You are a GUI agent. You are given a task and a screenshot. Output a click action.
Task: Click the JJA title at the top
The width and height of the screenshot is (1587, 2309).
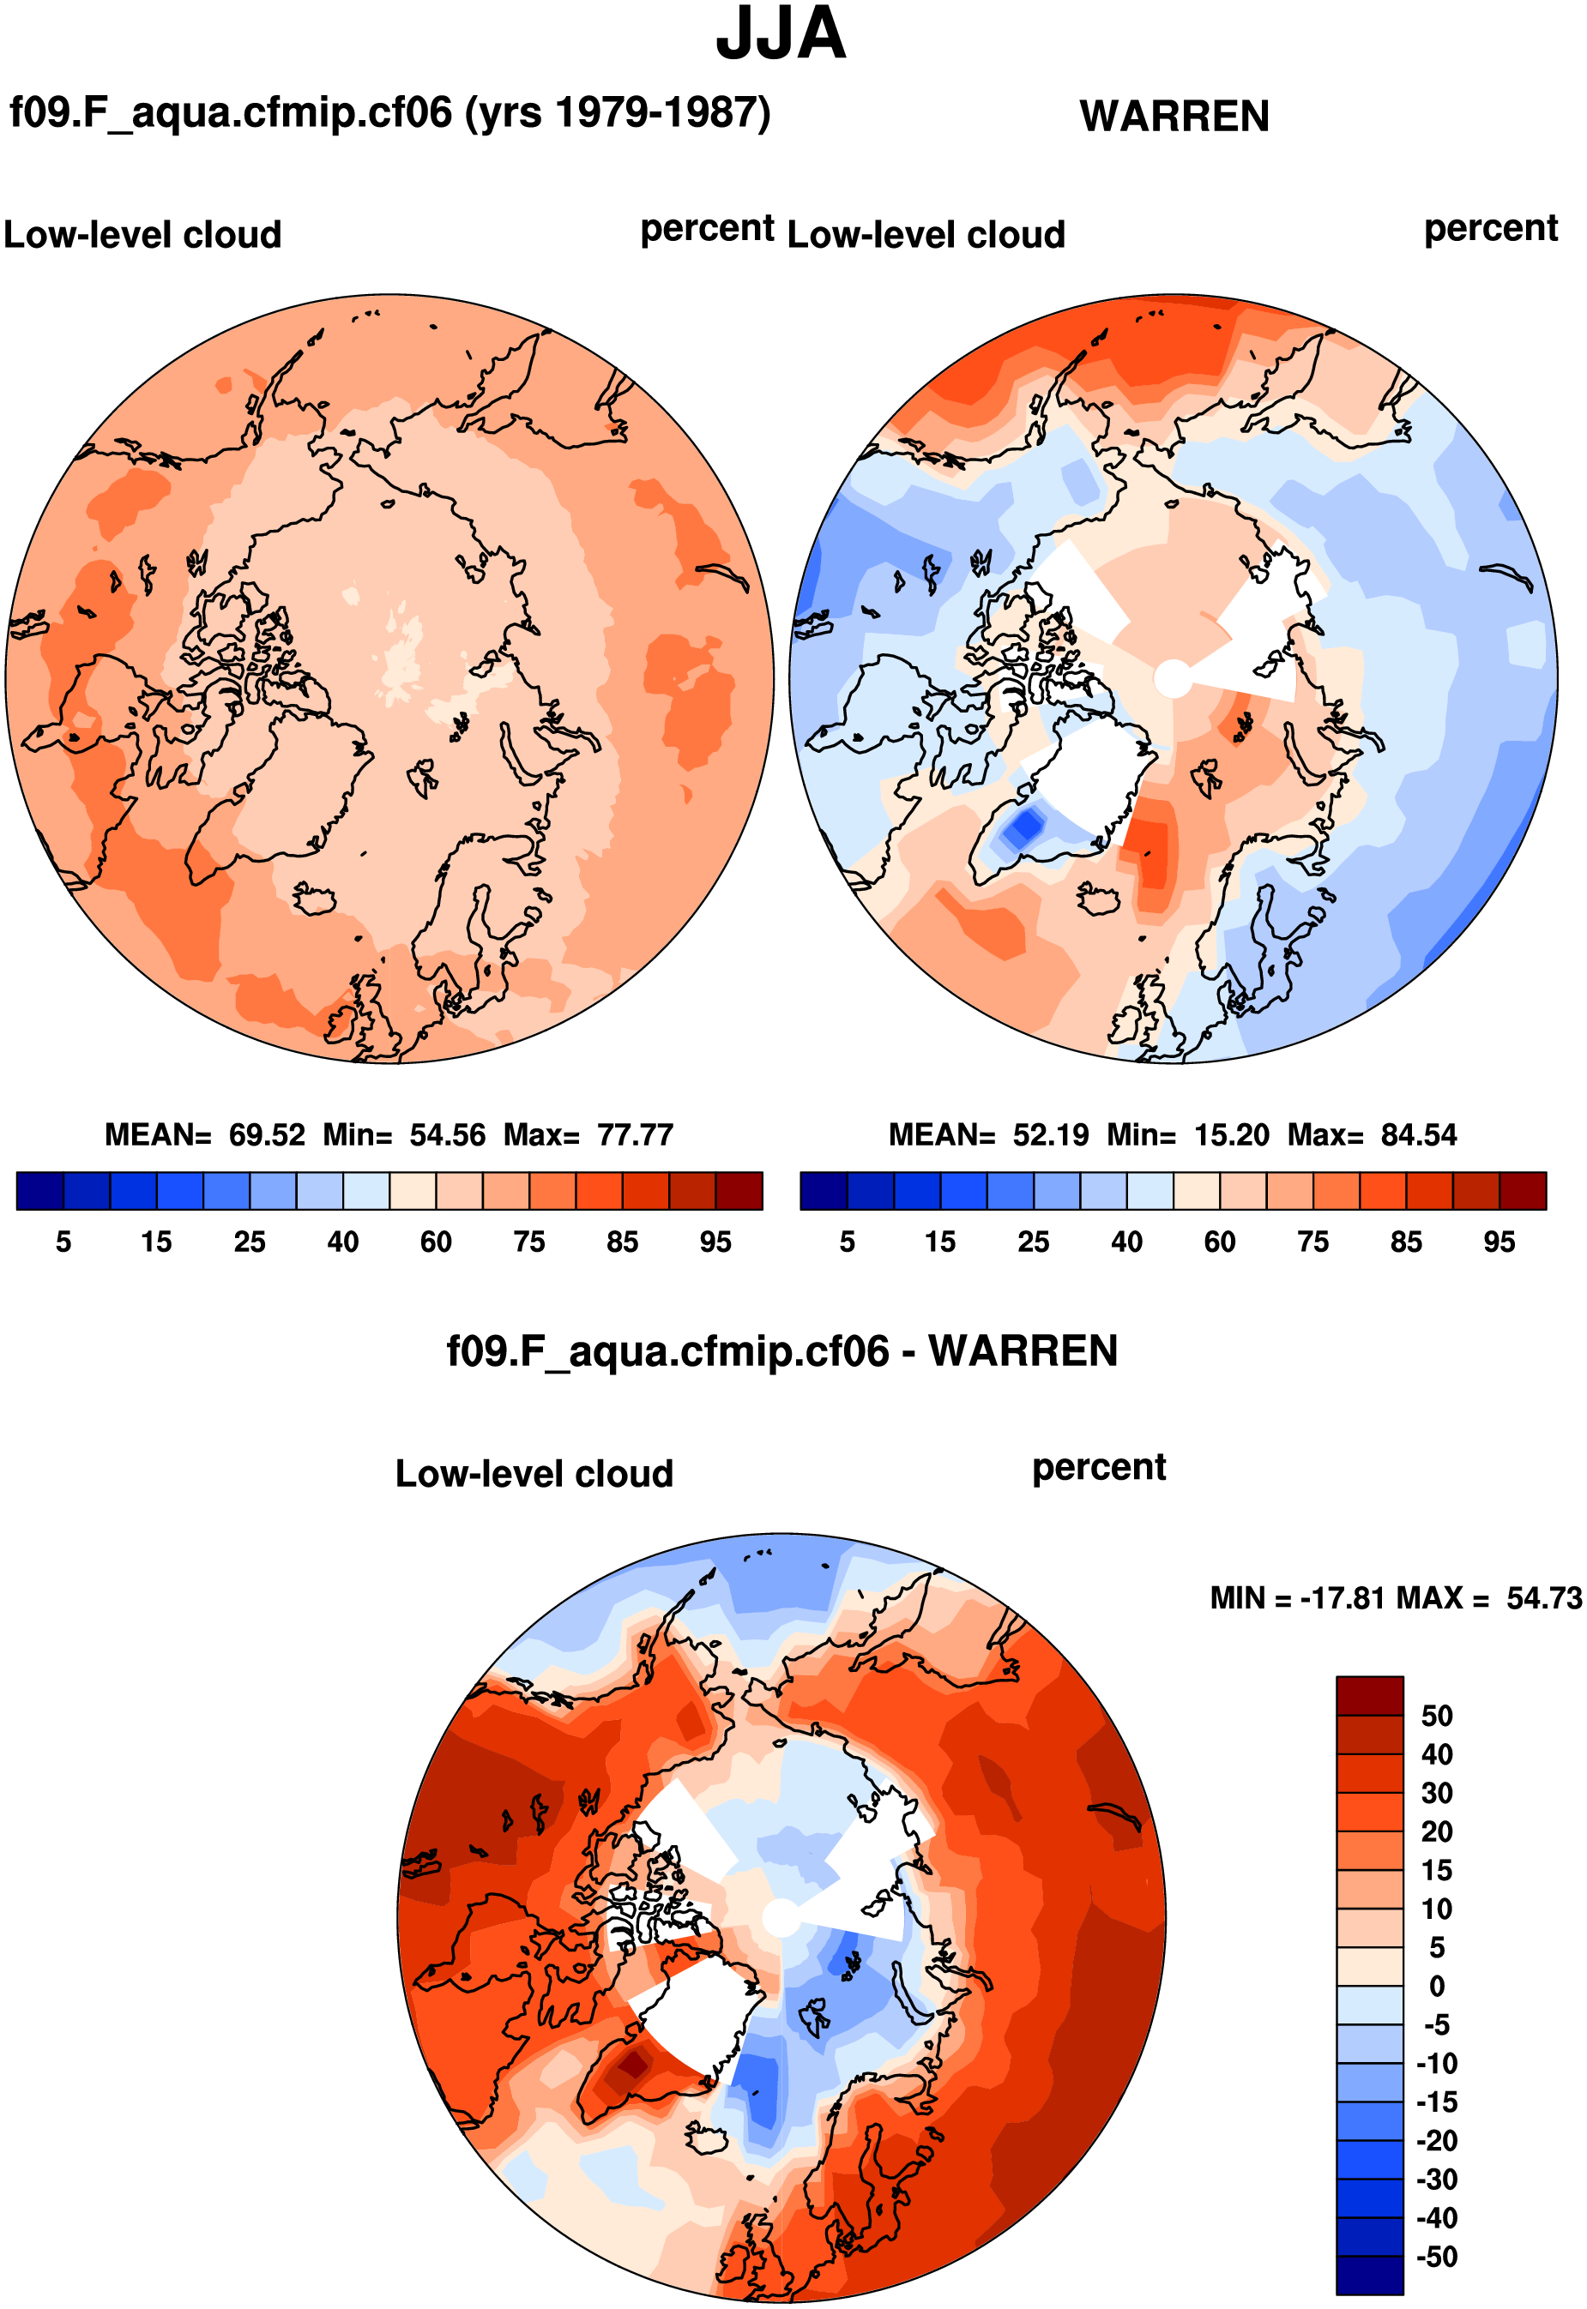781,35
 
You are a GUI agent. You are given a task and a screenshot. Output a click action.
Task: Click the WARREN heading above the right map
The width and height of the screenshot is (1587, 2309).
1174,117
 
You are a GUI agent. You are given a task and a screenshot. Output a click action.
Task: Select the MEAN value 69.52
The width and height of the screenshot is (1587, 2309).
267,1135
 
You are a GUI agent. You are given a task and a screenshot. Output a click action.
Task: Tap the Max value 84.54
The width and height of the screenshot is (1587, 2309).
1419,1135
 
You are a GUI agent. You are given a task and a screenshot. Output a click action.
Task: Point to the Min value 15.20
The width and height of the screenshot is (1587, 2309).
1232,1135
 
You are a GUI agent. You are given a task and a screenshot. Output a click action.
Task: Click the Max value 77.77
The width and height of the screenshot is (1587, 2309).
636,1135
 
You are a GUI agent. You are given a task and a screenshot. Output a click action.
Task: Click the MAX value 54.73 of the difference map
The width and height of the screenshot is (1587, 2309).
1543,1598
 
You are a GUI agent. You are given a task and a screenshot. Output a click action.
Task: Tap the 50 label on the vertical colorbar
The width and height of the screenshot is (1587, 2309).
1437,1717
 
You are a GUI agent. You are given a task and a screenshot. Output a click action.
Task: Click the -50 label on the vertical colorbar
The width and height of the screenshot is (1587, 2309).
1437,2258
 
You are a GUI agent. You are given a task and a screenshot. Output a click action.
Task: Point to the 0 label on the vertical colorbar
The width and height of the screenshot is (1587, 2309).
1437,1987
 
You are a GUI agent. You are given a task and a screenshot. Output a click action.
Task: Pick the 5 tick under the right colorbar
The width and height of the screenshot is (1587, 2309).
848,1242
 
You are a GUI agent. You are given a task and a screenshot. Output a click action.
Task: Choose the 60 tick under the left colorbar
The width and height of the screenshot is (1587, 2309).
436,1242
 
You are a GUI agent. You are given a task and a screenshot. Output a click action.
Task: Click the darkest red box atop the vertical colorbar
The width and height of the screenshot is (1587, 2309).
1369,1696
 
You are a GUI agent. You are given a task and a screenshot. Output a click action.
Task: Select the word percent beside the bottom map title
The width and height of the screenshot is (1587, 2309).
1099,1468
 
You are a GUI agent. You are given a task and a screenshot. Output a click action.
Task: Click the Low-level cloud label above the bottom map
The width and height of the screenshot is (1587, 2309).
534,1474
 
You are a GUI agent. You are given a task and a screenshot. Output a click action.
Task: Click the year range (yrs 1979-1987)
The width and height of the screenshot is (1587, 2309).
618,113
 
